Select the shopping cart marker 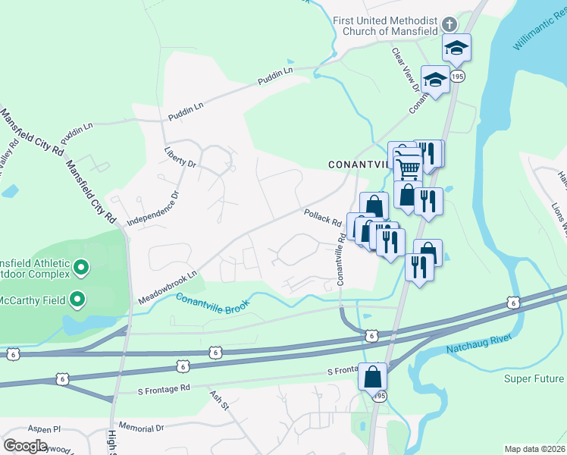(408, 165)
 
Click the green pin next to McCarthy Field (77, 300)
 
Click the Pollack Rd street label (323, 218)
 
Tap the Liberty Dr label (180, 158)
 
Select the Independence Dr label (152, 208)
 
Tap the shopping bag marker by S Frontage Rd (373, 377)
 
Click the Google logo (25, 445)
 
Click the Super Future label (535, 378)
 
